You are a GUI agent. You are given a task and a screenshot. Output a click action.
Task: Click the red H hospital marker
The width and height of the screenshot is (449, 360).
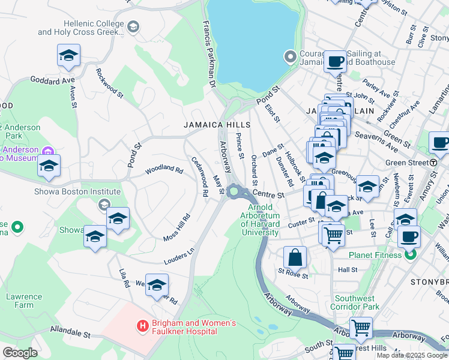click(142, 326)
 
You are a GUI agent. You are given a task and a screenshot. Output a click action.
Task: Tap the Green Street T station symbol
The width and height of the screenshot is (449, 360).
click(433, 162)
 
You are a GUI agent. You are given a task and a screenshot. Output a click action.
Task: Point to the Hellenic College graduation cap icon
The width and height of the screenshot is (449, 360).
click(133, 27)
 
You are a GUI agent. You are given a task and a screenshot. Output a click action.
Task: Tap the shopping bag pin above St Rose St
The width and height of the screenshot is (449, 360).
click(295, 257)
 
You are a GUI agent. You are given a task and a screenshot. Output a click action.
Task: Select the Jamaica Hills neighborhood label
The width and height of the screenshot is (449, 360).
click(212, 125)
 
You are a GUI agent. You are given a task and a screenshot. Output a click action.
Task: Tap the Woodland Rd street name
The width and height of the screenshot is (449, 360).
click(163, 170)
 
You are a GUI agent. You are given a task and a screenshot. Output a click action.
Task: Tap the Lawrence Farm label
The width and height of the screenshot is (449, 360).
click(24, 301)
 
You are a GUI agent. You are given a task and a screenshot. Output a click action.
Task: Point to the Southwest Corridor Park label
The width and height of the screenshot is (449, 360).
click(355, 302)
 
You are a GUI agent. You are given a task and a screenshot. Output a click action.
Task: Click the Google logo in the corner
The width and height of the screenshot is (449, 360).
click(20, 353)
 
